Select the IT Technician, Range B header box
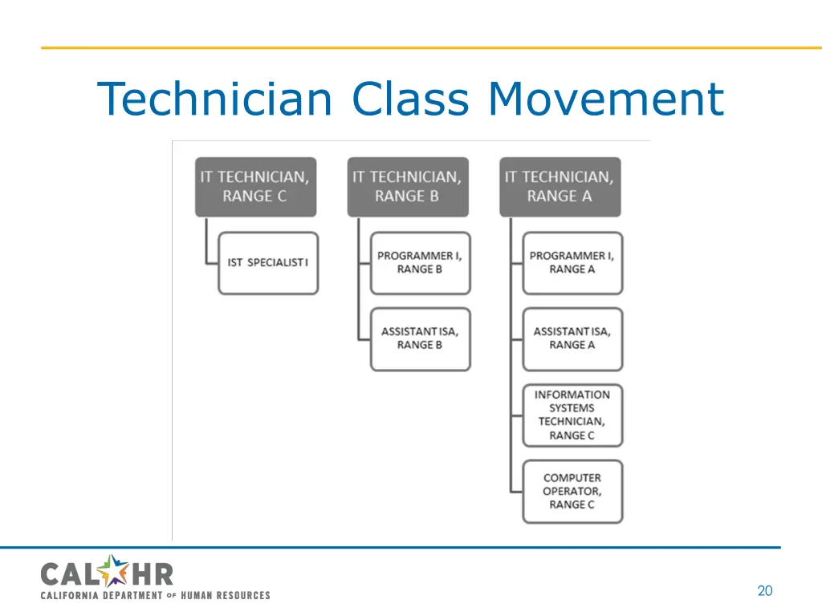pyautogui.click(x=407, y=187)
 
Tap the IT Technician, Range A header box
pyautogui.click(x=560, y=187)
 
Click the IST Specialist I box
pyautogui.click(x=268, y=263)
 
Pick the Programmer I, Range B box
pyautogui.click(x=420, y=263)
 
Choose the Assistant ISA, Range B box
pyautogui.click(x=420, y=338)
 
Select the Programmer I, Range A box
pyautogui.click(x=572, y=263)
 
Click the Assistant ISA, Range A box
pyautogui.click(x=572, y=338)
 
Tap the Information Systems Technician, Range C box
pyautogui.click(x=572, y=415)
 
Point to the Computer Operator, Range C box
pyautogui.click(x=572, y=491)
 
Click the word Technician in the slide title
pyautogui.click(x=215, y=99)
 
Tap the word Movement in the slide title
pyautogui.click(x=606, y=99)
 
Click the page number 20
pyautogui.click(x=764, y=591)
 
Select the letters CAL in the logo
pyautogui.click(x=69, y=574)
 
